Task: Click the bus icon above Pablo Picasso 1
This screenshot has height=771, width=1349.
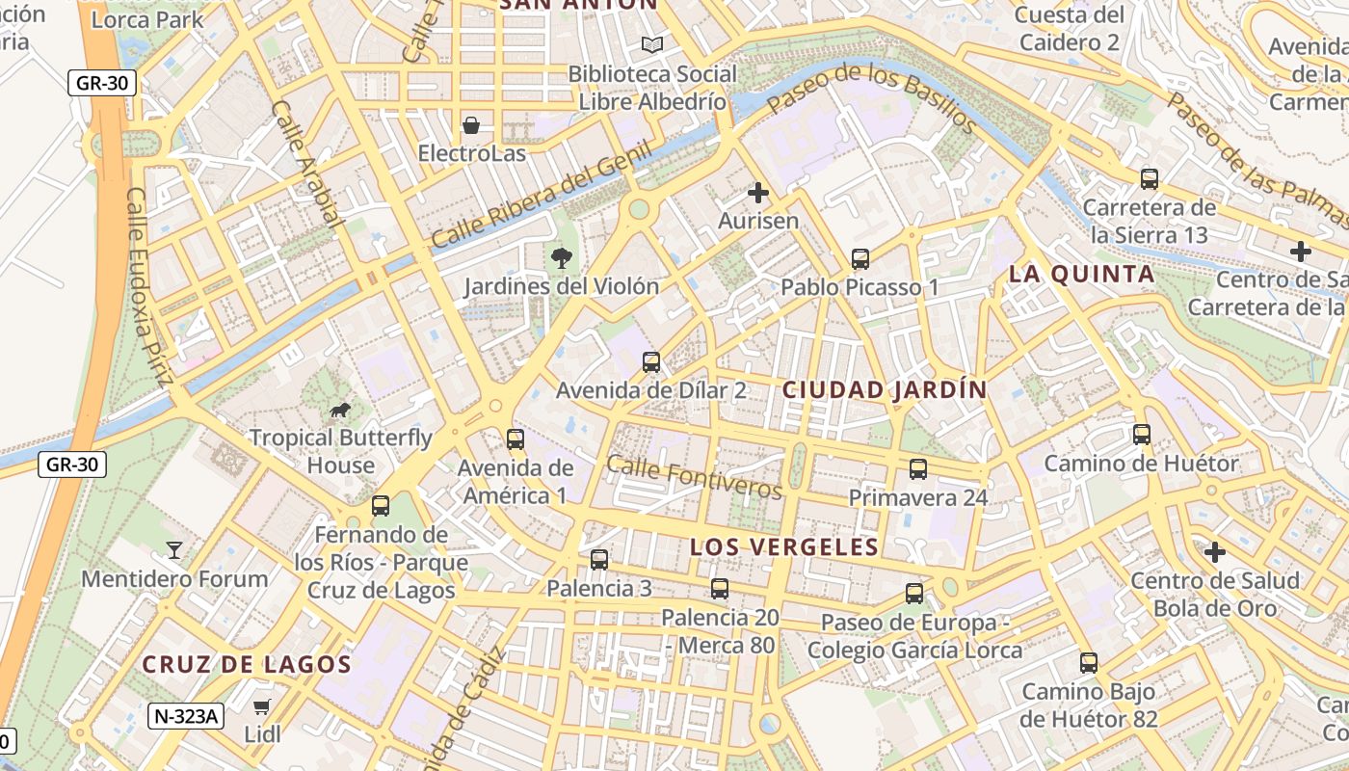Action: point(860,258)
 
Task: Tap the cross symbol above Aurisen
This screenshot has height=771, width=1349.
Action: point(758,193)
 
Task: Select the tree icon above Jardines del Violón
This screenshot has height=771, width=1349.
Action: point(561,257)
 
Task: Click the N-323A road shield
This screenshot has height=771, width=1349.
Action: point(186,716)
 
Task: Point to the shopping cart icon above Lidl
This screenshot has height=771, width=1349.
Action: point(261,706)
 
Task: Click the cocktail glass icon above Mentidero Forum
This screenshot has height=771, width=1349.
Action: point(174,550)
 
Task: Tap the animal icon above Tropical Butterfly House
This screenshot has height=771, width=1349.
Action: point(340,411)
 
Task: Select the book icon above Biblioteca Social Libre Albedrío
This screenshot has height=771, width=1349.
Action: point(652,44)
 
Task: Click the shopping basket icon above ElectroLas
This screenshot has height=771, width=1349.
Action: point(471,125)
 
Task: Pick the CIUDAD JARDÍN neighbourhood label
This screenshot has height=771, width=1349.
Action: point(885,390)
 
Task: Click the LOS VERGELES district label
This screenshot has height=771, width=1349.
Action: point(783,547)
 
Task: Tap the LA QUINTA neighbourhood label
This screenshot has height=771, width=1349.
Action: point(1081,275)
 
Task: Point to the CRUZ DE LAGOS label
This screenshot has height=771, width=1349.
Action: point(247,664)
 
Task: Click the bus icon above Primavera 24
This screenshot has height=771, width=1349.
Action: point(917,469)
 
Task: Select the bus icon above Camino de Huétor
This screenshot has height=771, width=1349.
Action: point(1142,435)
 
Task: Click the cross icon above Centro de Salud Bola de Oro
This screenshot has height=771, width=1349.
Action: point(1214,552)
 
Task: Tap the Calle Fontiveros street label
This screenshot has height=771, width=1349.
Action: point(694,477)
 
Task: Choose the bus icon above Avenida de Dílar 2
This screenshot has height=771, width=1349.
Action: point(651,362)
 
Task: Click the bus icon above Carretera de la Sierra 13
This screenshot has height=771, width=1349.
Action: point(1149,178)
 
